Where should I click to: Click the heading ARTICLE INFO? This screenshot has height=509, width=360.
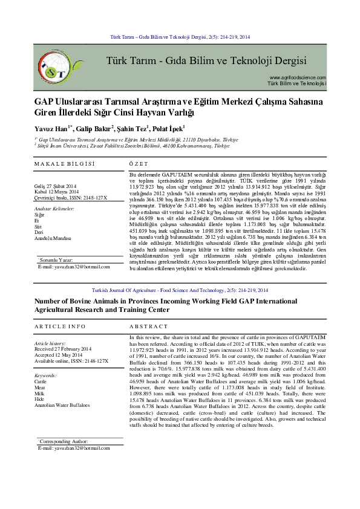(x=60, y=326)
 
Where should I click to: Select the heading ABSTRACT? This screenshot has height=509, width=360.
(x=149, y=326)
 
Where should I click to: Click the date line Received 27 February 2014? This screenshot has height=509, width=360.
(x=63, y=349)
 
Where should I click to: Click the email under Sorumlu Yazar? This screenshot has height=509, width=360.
(x=70, y=266)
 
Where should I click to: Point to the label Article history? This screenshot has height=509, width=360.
(x=49, y=343)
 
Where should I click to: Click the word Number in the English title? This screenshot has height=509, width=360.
(x=50, y=300)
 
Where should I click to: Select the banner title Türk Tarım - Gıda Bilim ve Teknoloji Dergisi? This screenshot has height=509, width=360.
(x=206, y=61)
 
